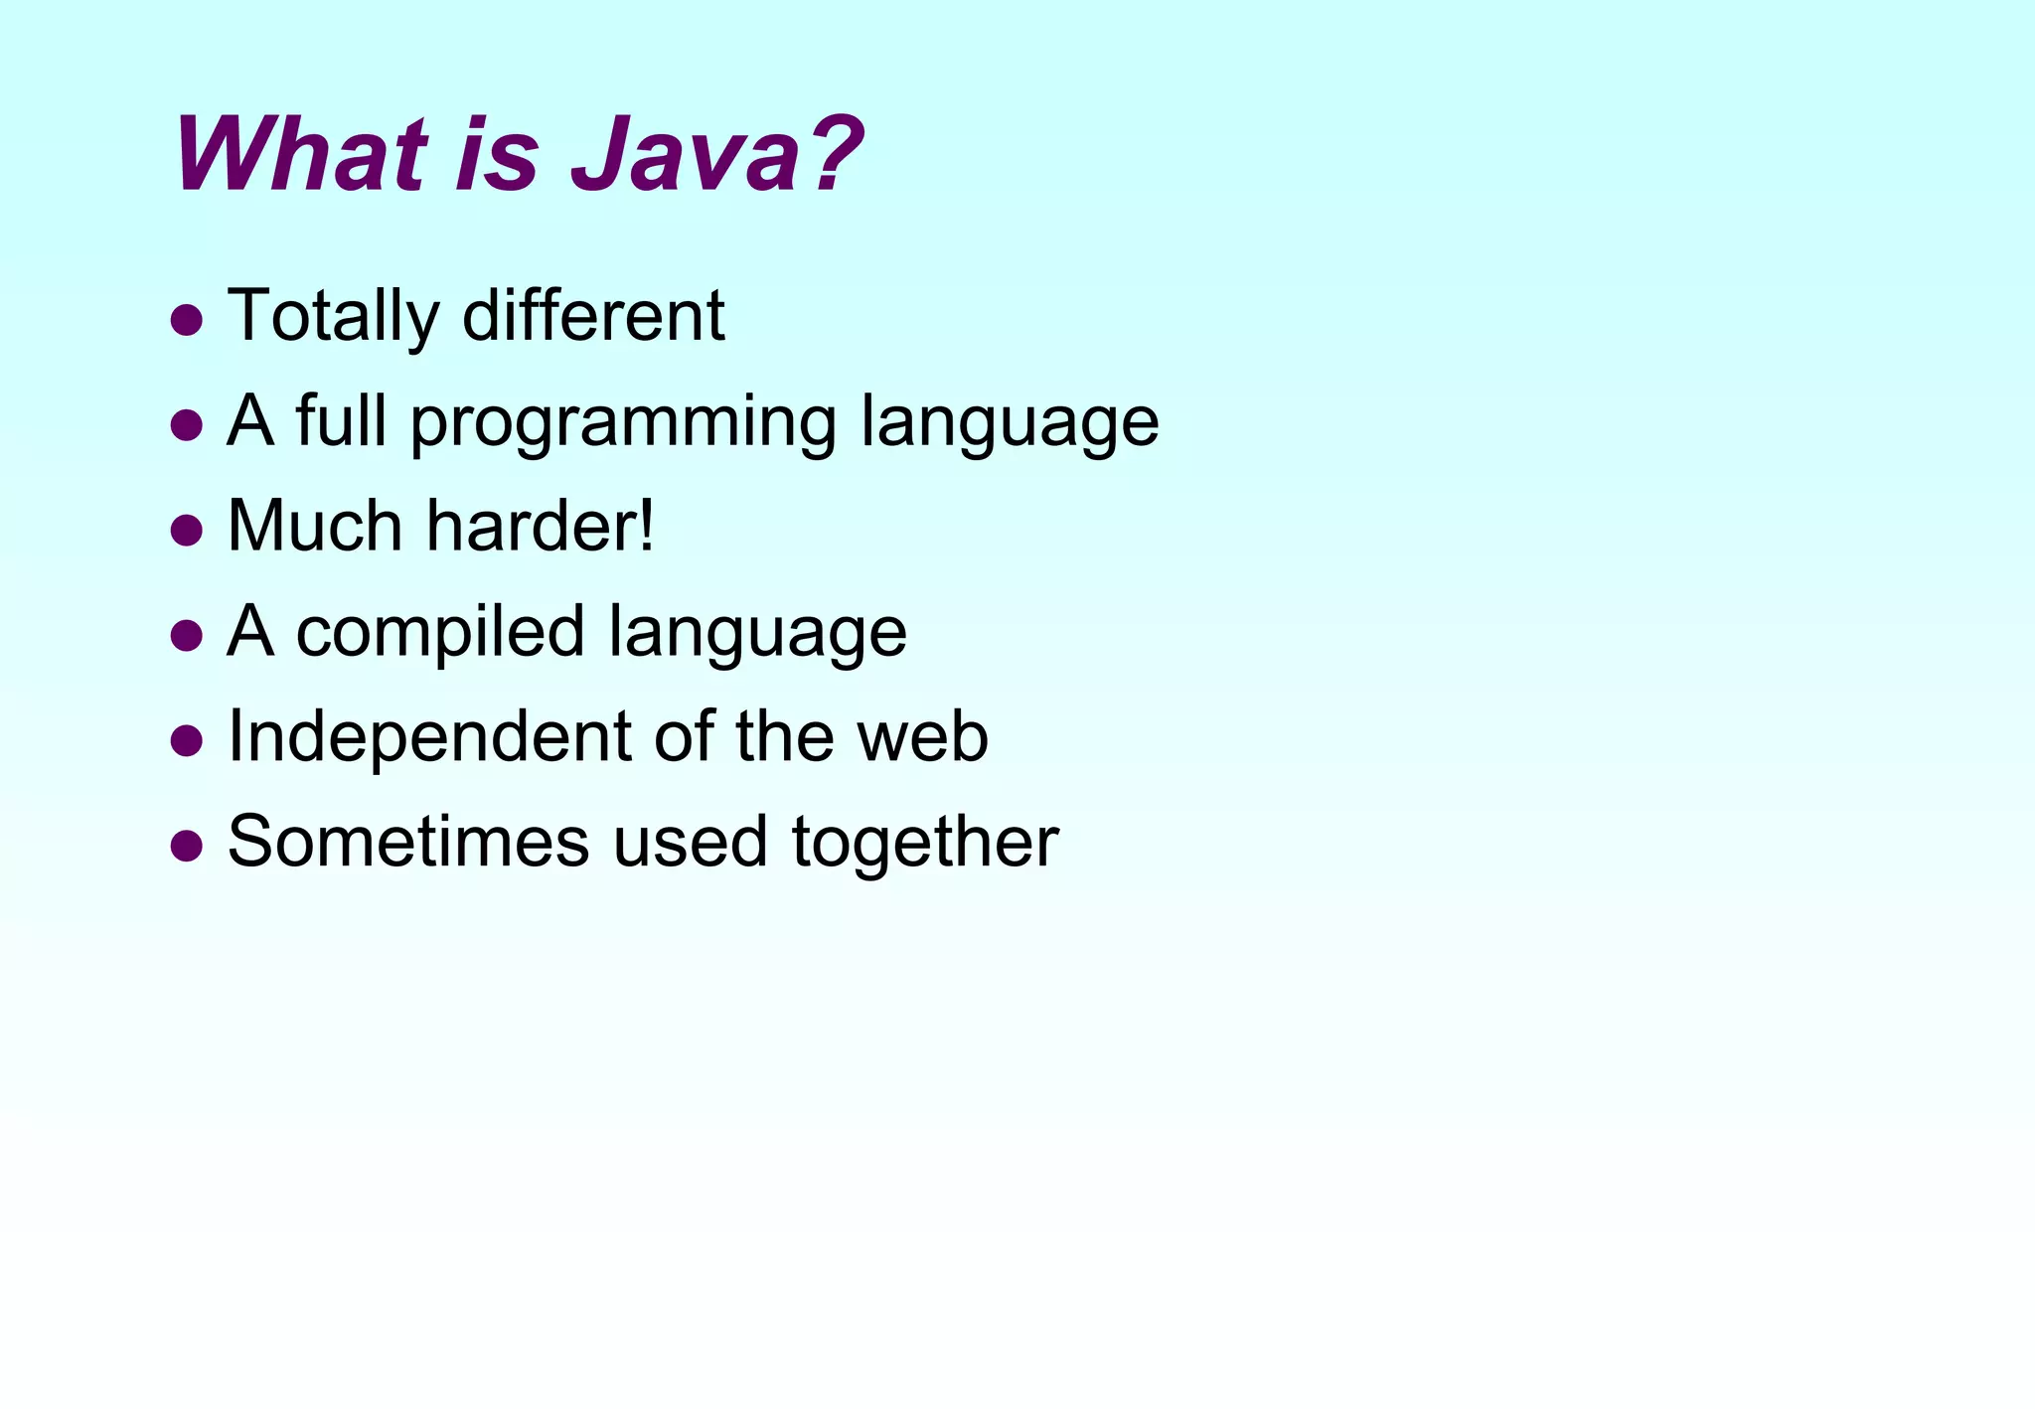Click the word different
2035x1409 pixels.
click(x=593, y=316)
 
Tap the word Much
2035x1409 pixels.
click(x=314, y=526)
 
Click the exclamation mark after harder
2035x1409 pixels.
click(x=647, y=526)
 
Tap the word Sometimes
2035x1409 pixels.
click(x=408, y=843)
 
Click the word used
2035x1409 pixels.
click(x=690, y=843)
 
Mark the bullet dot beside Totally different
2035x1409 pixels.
click(x=187, y=320)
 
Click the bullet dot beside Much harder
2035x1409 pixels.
click(x=187, y=531)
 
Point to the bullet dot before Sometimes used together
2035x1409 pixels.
click(x=187, y=846)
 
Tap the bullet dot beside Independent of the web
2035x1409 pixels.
click(x=187, y=740)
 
